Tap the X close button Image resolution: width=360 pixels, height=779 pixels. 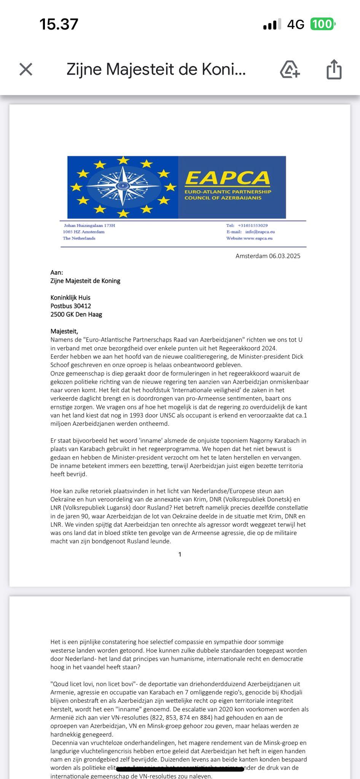click(x=26, y=69)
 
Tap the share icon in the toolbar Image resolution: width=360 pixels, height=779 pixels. click(x=334, y=70)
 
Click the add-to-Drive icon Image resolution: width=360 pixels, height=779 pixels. click(x=290, y=70)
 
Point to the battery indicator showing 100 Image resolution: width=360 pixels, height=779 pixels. click(x=323, y=24)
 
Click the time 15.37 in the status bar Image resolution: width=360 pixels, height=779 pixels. click(x=59, y=24)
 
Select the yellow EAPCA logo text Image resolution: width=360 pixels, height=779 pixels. click(x=228, y=178)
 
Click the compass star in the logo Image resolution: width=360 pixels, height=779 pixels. click(x=123, y=186)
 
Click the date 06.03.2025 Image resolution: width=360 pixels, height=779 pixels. click(x=285, y=256)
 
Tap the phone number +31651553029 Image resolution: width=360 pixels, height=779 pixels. click(x=253, y=226)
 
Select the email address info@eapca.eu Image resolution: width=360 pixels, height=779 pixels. click(x=260, y=232)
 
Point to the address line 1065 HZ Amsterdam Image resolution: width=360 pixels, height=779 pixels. click(x=84, y=232)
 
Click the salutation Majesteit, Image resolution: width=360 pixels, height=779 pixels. click(x=64, y=331)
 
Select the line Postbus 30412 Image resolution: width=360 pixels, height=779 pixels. click(x=71, y=306)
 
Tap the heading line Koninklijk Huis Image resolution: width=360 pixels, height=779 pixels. click(x=70, y=297)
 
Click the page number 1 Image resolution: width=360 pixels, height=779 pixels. click(x=180, y=555)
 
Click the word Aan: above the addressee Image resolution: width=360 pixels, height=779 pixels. click(x=57, y=272)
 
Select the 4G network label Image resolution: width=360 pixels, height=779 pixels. click(x=296, y=25)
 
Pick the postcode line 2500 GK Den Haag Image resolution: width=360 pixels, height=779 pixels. click(x=76, y=314)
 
